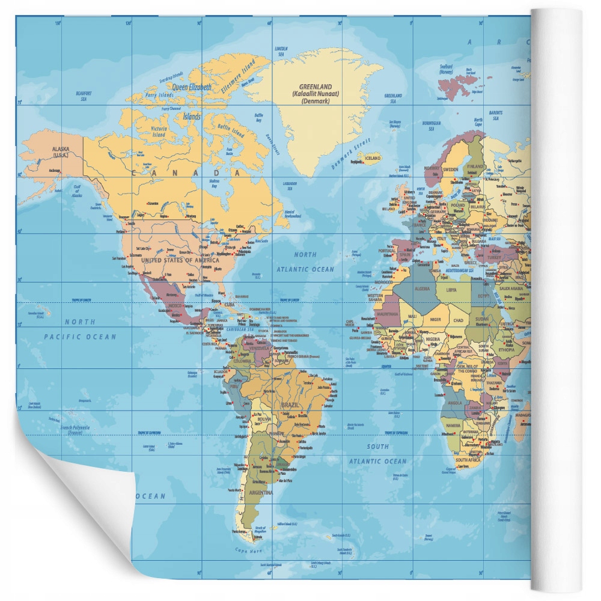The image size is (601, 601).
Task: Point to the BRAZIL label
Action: (x=290, y=404)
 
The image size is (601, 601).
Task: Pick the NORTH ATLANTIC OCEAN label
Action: (x=305, y=262)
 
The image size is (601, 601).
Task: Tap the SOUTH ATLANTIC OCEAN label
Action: (x=378, y=454)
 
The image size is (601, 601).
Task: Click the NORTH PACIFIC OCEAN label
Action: (x=80, y=329)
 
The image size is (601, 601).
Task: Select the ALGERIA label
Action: (x=423, y=288)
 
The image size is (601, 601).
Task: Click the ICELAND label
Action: (x=373, y=158)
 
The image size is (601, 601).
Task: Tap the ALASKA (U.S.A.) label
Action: (x=61, y=151)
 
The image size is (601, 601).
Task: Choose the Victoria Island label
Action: (x=159, y=132)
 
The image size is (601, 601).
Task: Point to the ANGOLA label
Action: (x=455, y=403)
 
